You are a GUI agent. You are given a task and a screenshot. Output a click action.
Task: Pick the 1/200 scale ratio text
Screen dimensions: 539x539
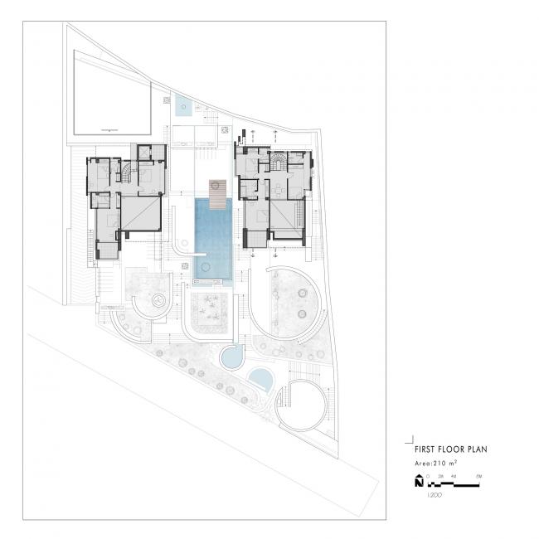433,493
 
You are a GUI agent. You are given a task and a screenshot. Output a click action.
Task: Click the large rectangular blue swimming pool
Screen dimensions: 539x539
213,236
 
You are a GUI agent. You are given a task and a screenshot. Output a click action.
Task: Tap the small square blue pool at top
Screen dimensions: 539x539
182,105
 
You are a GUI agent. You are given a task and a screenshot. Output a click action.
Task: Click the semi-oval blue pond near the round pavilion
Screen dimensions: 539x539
261,379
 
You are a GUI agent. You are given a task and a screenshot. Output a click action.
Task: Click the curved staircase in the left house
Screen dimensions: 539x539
125,171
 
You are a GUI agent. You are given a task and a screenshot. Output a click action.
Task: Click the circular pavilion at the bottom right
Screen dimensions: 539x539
300,404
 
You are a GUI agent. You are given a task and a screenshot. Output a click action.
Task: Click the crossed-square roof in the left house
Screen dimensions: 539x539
140,211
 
